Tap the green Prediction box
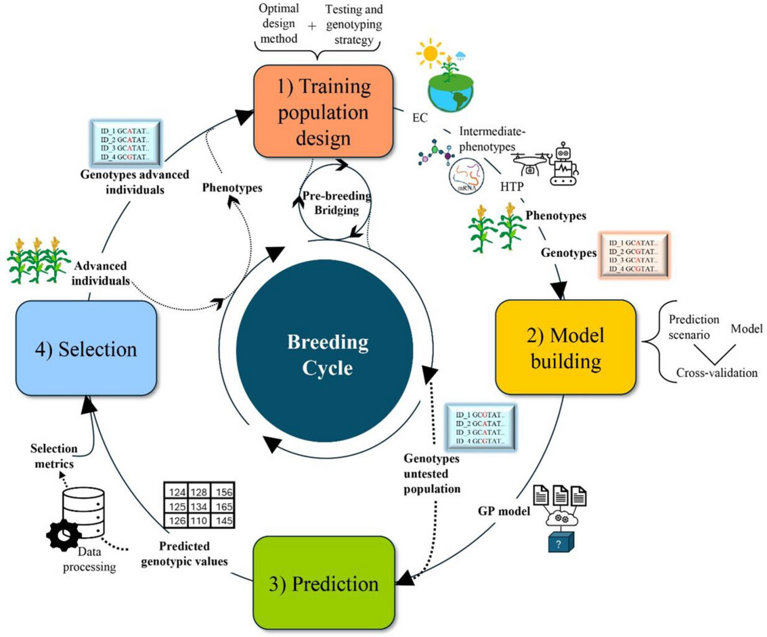point(323,584)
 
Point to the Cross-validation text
point(718,372)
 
